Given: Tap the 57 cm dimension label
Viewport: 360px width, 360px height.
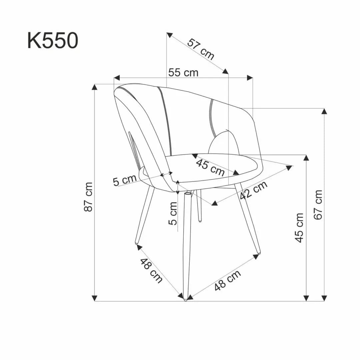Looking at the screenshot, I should coord(201,49).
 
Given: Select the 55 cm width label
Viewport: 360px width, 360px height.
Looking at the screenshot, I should coord(183,72).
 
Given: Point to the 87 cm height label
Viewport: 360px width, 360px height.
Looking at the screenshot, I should coord(88,197).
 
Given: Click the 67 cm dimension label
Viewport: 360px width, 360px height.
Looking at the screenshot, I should coord(319,205).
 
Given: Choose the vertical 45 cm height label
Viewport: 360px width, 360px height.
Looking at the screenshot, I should coord(300,228).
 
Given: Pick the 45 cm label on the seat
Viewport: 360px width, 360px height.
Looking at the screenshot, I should coord(210,167).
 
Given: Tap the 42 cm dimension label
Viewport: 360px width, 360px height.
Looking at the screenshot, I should coord(254,190).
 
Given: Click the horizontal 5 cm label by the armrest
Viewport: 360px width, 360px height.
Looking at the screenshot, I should coord(125,180).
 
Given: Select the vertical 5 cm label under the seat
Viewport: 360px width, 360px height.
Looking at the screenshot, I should coord(173,213).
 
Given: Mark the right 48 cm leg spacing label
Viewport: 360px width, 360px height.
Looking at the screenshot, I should coord(228,280).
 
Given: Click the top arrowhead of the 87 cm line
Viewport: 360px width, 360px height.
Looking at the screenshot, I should coord(95,87).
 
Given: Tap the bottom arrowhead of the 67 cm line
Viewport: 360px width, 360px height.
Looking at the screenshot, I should coord(324,298).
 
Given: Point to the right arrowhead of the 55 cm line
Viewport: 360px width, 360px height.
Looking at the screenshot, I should coord(250,78).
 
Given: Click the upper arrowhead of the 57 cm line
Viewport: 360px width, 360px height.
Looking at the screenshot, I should coord(170,35).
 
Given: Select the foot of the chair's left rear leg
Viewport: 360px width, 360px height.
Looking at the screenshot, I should coord(137,242).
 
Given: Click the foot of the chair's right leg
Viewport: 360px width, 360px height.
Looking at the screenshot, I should coord(259,252).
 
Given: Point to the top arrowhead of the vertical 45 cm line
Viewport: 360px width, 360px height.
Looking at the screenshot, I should coord(306,158).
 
